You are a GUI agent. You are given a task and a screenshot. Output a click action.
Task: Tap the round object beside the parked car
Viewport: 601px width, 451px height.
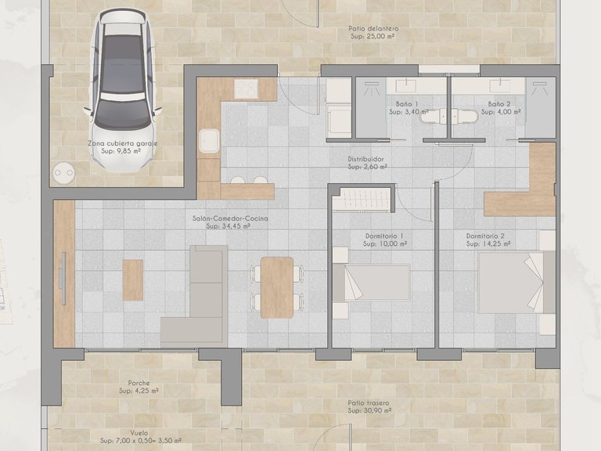[x=63, y=171]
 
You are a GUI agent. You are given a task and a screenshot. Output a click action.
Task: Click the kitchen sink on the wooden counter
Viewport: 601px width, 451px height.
[x=208, y=142]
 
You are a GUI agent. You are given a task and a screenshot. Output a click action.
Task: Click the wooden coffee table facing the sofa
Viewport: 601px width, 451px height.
[x=134, y=280]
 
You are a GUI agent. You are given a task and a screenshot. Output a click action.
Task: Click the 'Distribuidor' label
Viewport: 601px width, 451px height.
[x=365, y=159]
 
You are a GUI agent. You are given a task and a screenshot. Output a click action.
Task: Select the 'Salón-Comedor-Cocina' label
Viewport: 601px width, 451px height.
[x=230, y=218]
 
